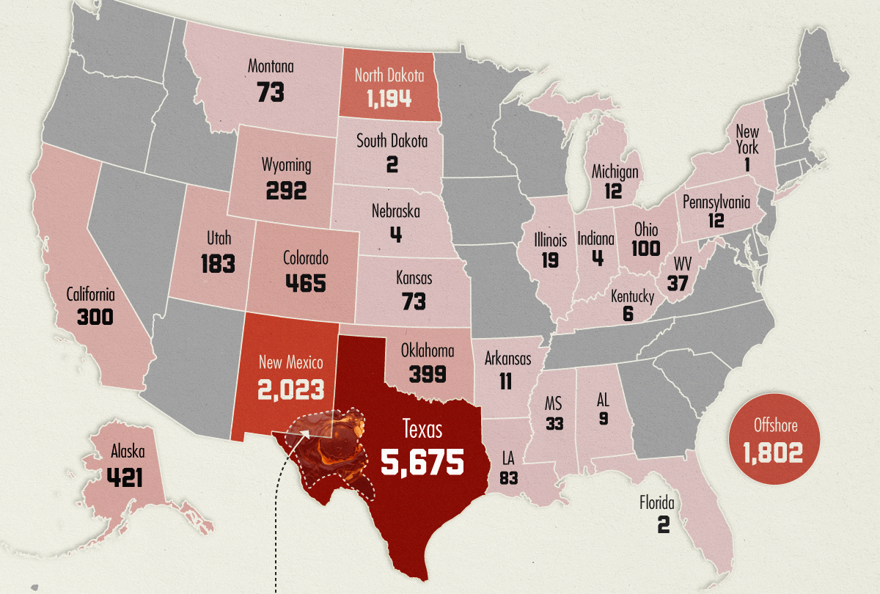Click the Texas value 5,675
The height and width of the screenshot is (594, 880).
pyautogui.click(x=422, y=462)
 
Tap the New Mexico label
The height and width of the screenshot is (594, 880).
pyautogui.click(x=290, y=362)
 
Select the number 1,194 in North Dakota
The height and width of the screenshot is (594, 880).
pyautogui.click(x=384, y=99)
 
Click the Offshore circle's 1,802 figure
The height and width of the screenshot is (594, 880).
pyautogui.click(x=772, y=452)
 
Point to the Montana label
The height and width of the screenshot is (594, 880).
pyautogui.click(x=271, y=67)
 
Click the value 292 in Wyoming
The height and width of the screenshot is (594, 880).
pyautogui.click(x=286, y=191)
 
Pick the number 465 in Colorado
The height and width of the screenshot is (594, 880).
pyautogui.click(x=305, y=283)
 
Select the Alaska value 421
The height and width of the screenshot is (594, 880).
pyautogui.click(x=125, y=477)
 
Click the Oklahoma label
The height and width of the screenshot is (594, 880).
pyautogui.click(x=428, y=351)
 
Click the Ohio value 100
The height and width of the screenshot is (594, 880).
pyautogui.click(x=645, y=249)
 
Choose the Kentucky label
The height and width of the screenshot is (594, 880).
pyautogui.click(x=632, y=296)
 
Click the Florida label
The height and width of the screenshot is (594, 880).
pyautogui.click(x=656, y=504)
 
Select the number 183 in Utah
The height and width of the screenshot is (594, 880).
pyautogui.click(x=218, y=263)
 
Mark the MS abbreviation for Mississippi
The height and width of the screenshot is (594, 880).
pyautogui.click(x=554, y=404)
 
